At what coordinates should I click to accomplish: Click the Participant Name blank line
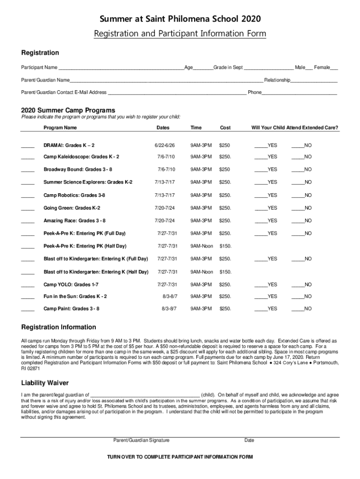(x=121, y=68)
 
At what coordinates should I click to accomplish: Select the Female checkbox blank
(x=334, y=68)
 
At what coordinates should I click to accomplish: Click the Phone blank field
(x=299, y=93)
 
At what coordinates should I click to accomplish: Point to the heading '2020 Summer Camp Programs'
(x=68, y=110)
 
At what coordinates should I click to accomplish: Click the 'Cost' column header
(x=225, y=128)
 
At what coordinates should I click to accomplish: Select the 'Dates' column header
(x=163, y=128)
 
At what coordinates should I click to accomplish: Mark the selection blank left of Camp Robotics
(x=28, y=196)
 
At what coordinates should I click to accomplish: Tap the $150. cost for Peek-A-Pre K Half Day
(x=225, y=246)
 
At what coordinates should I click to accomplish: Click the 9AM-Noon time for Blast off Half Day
(x=202, y=272)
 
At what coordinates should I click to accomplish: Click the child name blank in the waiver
(x=145, y=395)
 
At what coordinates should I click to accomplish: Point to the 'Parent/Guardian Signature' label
(x=142, y=440)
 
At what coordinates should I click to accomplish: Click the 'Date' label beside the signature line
(x=249, y=440)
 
